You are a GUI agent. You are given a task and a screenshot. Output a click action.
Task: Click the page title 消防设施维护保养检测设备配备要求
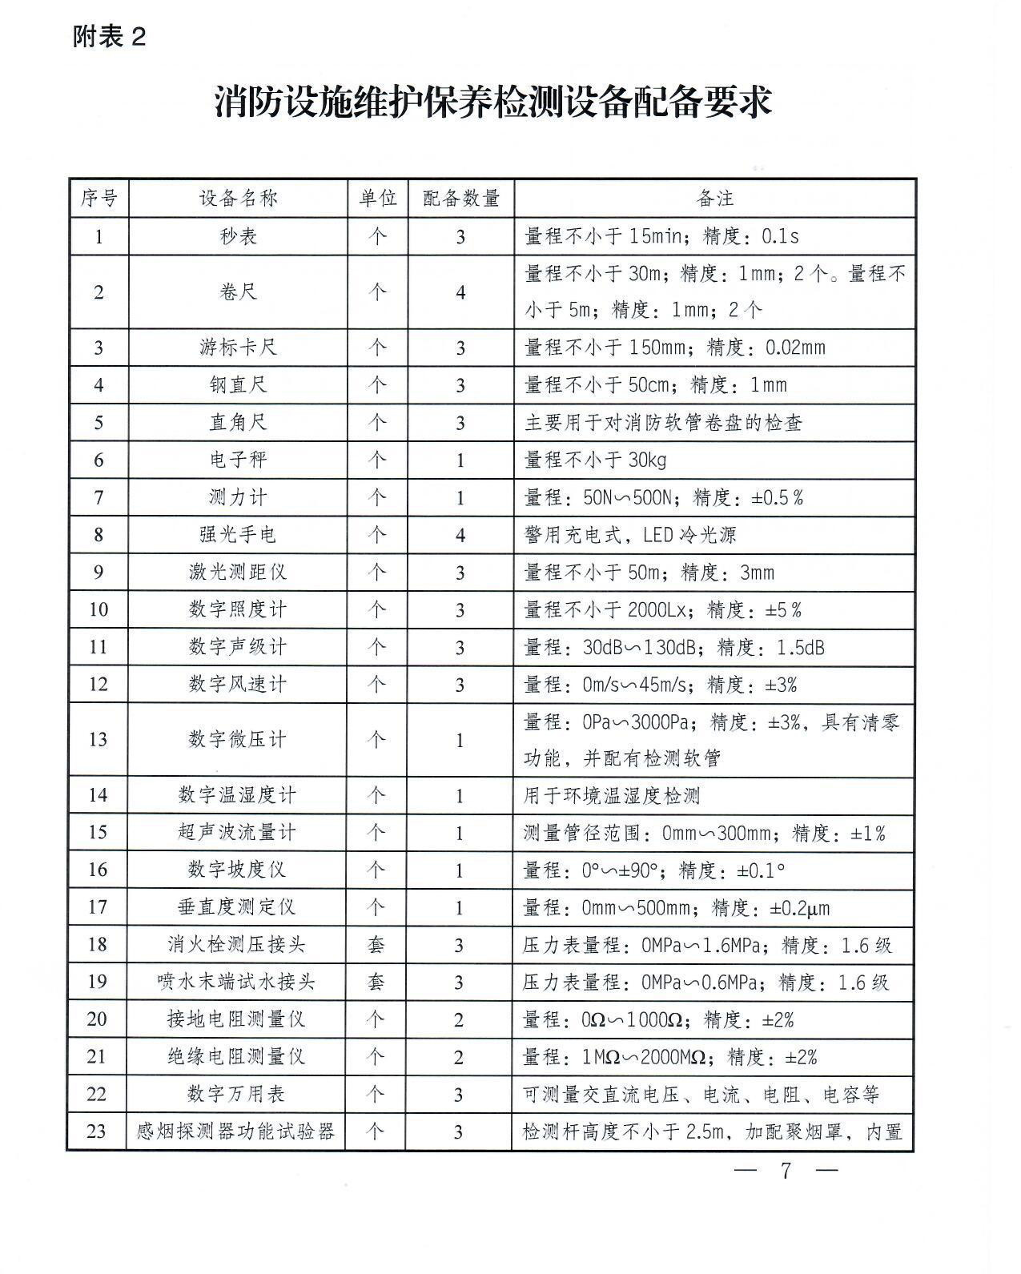[492, 103]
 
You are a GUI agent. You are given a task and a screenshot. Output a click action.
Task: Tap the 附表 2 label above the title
[109, 37]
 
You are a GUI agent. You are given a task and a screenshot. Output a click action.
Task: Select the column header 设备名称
[238, 198]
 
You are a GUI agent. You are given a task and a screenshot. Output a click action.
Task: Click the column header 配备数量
[460, 198]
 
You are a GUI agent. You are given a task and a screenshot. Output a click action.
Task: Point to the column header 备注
[715, 198]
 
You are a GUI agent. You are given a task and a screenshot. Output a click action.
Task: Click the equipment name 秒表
[238, 236]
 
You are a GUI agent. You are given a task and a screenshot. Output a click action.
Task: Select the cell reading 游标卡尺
[238, 348]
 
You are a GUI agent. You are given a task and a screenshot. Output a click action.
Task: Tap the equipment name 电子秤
[238, 460]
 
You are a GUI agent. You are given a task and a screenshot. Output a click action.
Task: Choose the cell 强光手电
[238, 534]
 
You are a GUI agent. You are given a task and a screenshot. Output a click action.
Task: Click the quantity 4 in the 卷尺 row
[460, 292]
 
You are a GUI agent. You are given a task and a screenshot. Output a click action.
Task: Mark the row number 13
[98, 738]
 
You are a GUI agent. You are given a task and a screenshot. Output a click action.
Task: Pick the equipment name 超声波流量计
[238, 832]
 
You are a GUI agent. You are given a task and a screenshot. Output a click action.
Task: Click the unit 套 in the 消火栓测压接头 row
[376, 945]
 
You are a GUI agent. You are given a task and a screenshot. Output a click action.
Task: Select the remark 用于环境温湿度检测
[612, 795]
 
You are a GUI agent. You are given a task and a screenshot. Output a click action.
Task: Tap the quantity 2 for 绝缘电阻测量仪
[459, 1057]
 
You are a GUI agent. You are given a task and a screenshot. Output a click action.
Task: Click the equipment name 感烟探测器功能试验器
[236, 1131]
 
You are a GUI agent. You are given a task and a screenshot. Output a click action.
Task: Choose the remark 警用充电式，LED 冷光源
[630, 534]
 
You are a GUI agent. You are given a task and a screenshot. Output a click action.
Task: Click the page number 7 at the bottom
[786, 1171]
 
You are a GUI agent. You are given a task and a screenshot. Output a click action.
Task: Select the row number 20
[98, 1019]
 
